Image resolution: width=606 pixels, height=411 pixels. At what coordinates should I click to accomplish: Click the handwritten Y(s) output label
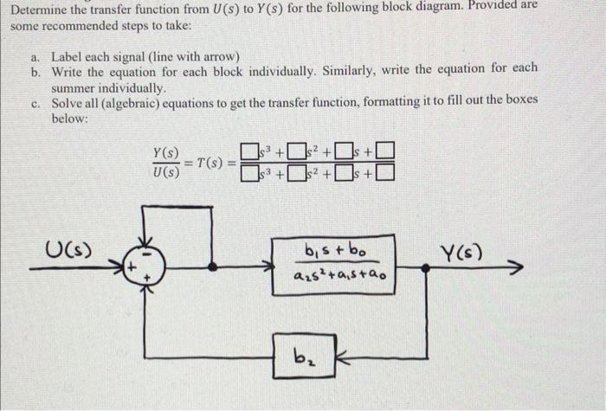(460, 254)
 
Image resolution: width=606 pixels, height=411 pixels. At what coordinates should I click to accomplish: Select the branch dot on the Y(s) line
(425, 268)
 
